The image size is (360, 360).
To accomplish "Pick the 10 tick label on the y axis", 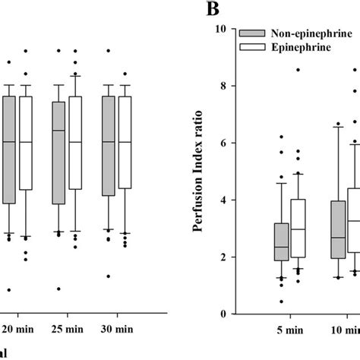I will (x=220, y=30).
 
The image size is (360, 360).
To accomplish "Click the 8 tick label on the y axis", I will (x=223, y=87).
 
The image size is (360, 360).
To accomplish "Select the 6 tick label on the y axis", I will (x=223, y=144).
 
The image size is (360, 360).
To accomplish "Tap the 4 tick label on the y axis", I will (x=223, y=201).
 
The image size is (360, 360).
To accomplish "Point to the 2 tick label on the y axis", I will (x=223, y=257).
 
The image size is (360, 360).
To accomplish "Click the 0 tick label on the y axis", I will (x=223, y=314).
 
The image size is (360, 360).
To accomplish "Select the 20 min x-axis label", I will (x=18, y=332).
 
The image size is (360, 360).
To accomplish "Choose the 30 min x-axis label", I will (x=116, y=332).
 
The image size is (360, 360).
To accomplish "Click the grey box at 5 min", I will (x=281, y=242).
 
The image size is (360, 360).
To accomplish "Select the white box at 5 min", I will (x=298, y=229).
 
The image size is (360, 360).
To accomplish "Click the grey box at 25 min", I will (x=58, y=153).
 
